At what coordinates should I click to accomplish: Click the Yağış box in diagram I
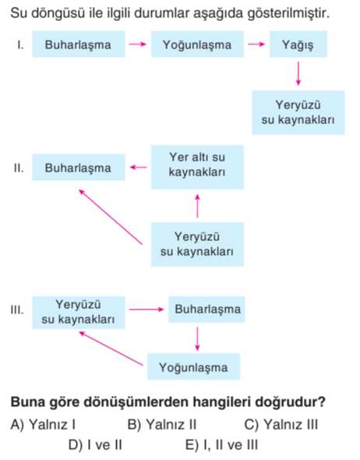click(x=298, y=44)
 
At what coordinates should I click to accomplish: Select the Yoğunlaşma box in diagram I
click(x=197, y=44)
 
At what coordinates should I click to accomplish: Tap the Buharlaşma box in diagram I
click(x=79, y=44)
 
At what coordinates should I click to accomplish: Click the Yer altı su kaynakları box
click(x=197, y=167)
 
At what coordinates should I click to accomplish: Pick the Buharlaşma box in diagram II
click(x=79, y=167)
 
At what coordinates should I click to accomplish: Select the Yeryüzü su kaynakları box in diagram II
click(x=197, y=244)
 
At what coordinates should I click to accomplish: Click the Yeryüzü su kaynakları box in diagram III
click(x=79, y=313)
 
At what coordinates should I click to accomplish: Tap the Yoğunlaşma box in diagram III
click(x=193, y=366)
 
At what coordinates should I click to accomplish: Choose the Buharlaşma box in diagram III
click(x=206, y=310)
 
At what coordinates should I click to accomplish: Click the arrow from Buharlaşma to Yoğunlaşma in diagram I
click(x=137, y=44)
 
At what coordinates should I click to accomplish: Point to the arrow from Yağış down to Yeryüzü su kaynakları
click(x=298, y=73)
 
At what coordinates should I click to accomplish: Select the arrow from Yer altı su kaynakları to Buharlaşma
click(x=139, y=167)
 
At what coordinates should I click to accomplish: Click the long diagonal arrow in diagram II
click(x=111, y=217)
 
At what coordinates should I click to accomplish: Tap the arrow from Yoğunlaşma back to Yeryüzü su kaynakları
click(x=111, y=349)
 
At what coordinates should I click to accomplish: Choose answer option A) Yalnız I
click(x=43, y=424)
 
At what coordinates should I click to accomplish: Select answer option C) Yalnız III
click(x=281, y=424)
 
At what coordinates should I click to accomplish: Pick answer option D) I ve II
click(x=95, y=445)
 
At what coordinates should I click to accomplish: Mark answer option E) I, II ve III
click(x=221, y=445)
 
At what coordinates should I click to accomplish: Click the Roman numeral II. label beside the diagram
click(x=19, y=168)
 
